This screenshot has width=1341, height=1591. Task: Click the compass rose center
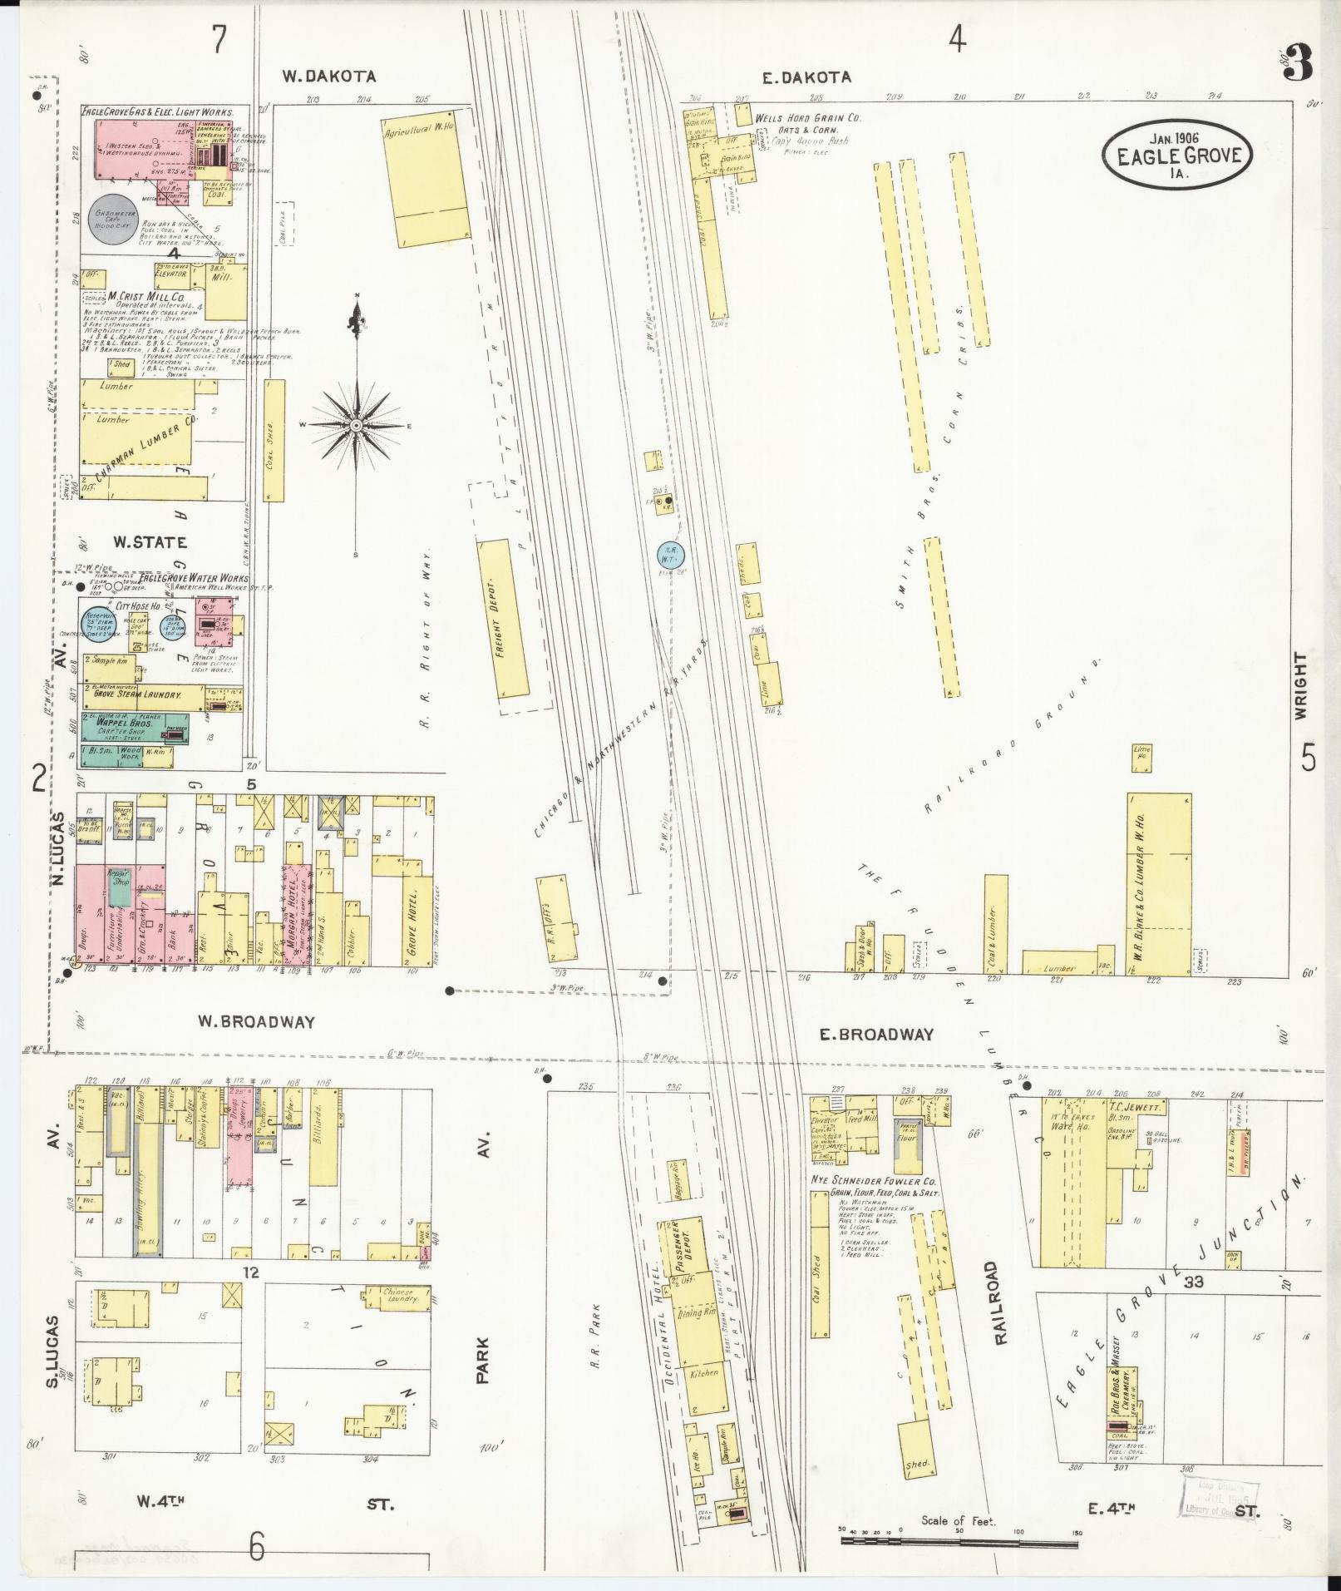point(357,426)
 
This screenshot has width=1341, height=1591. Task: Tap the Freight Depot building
point(505,617)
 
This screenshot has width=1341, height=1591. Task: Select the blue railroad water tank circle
point(672,554)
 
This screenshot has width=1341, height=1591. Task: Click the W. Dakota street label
point(328,77)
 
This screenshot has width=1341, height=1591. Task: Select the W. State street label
point(150,543)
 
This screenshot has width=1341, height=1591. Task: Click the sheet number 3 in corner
point(1299,62)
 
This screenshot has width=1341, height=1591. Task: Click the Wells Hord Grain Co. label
point(806,118)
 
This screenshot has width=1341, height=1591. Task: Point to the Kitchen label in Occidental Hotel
point(703,1373)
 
